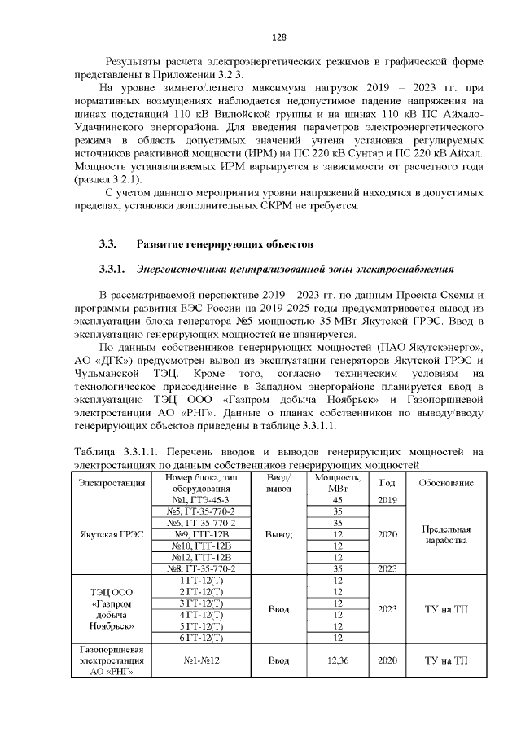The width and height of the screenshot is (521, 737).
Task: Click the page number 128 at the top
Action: pos(279,37)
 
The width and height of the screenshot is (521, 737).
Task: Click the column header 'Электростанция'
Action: pos(112,482)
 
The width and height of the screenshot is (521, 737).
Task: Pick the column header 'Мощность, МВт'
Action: pos(338,482)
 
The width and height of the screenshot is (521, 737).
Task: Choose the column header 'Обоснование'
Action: pos(446,482)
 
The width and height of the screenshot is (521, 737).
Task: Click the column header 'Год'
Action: pos(387,482)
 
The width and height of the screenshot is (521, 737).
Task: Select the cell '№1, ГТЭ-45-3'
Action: pos(201,499)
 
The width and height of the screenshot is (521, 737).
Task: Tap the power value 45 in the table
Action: pos(337,499)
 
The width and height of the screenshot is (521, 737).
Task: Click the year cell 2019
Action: pos(387,499)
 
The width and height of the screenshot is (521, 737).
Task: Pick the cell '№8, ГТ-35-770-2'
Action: pos(201,568)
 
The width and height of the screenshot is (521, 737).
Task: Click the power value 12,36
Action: pos(337,660)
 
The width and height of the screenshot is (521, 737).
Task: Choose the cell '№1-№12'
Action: pos(201,660)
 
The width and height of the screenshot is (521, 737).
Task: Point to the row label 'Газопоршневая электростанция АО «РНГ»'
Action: pos(112,660)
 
